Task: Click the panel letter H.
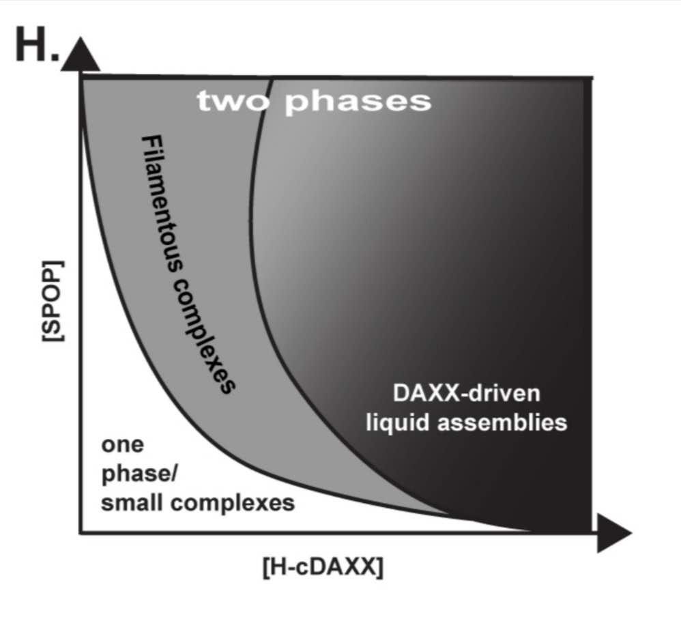31,44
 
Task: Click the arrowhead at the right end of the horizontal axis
614,532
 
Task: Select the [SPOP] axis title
53,301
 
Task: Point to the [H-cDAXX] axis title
323,567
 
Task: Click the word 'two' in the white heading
233,101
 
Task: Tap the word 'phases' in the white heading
358,102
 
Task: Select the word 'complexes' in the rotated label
204,336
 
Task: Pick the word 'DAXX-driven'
467,393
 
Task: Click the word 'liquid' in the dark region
398,423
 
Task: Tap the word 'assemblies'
502,422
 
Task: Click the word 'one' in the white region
122,445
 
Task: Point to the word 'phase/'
139,474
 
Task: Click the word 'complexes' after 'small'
233,504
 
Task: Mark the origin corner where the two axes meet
81,532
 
